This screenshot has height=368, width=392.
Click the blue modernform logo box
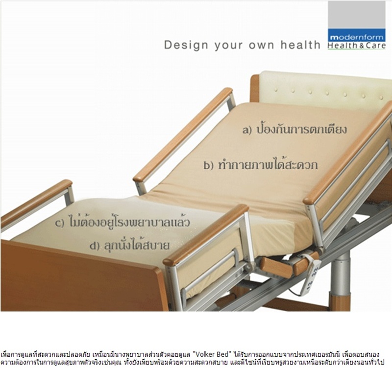pyautogui.click(x=357, y=35)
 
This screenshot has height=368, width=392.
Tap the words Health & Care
pyautogui.click(x=357, y=46)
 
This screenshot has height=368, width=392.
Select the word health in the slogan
pyautogui.click(x=300, y=45)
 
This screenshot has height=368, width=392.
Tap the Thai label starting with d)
pyautogui.click(x=129, y=245)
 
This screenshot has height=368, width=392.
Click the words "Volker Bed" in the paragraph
pyautogui.click(x=212, y=354)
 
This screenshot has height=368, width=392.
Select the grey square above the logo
pyautogui.click(x=357, y=15)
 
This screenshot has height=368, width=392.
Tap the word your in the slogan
pyautogui.click(x=228, y=46)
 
